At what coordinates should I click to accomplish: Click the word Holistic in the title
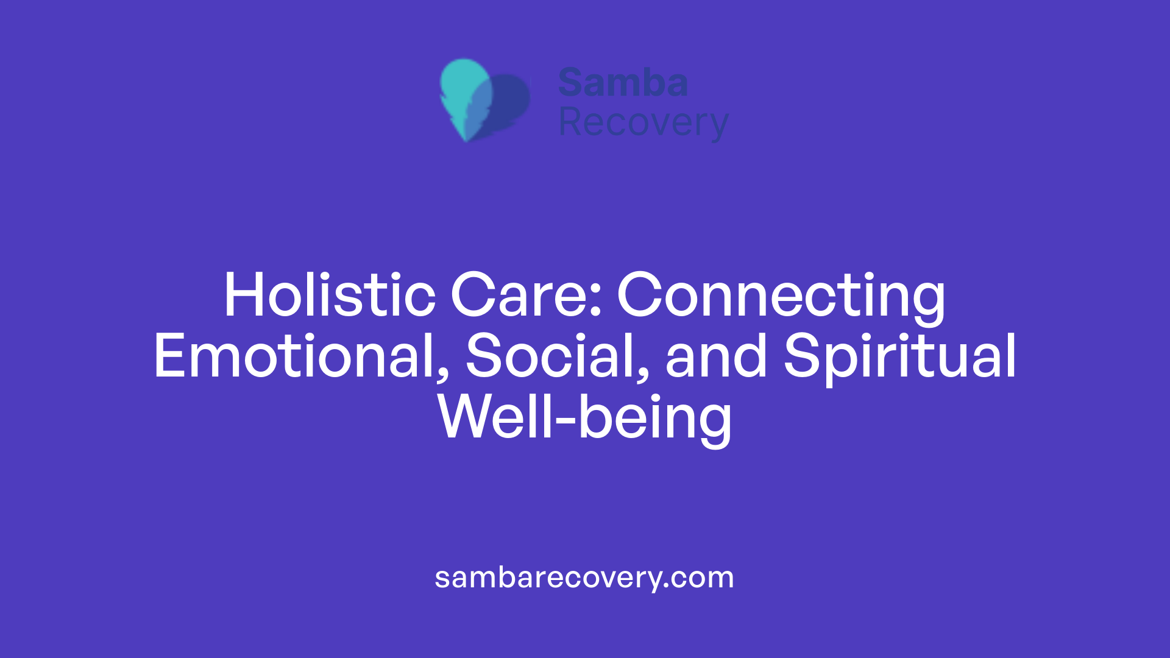(330, 296)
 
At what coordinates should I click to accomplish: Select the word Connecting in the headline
(781, 296)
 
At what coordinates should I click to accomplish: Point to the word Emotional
(296, 357)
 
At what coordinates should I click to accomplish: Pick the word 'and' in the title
(716, 357)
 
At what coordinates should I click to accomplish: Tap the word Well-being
(585, 418)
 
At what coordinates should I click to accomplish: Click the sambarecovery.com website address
(584, 578)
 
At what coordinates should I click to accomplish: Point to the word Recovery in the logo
(643, 123)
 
